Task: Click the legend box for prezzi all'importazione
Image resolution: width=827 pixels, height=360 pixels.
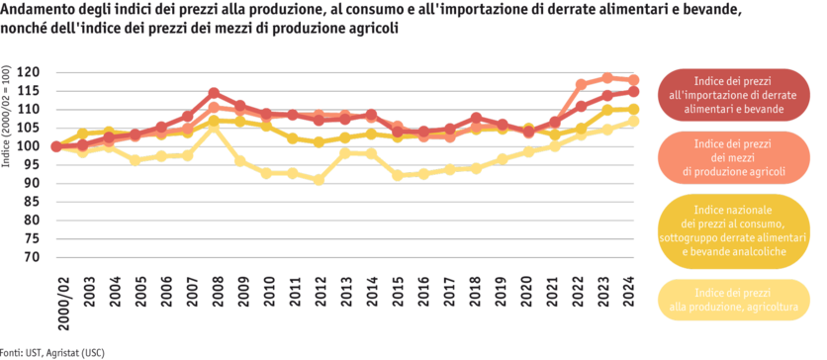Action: tap(733, 95)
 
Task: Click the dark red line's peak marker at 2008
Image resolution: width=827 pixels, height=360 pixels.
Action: tap(214, 93)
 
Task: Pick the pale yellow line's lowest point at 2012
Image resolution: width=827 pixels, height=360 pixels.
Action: tap(319, 180)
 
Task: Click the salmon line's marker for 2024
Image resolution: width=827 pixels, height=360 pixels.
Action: tap(633, 79)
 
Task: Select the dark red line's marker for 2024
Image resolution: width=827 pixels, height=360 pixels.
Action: tap(633, 91)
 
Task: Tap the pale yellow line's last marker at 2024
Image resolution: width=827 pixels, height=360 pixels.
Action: tap(633, 121)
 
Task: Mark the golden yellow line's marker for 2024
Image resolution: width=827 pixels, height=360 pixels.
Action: tap(633, 109)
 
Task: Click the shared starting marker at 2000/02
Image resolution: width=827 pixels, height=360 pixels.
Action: tap(56, 147)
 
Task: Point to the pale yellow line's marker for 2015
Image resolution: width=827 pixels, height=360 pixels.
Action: tap(397, 176)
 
